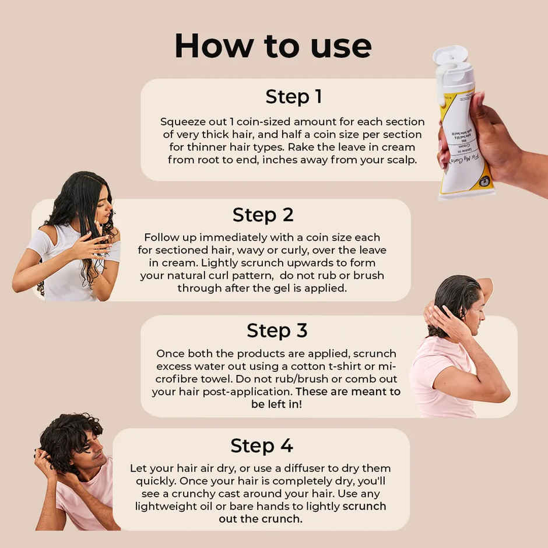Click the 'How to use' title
click(273, 45)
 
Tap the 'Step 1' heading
click(293, 97)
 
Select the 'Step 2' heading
click(263, 215)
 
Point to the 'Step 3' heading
click(277, 331)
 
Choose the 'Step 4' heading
click(262, 446)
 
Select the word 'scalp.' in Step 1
click(399, 160)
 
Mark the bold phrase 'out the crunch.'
click(261, 519)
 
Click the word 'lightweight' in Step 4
click(164, 506)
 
